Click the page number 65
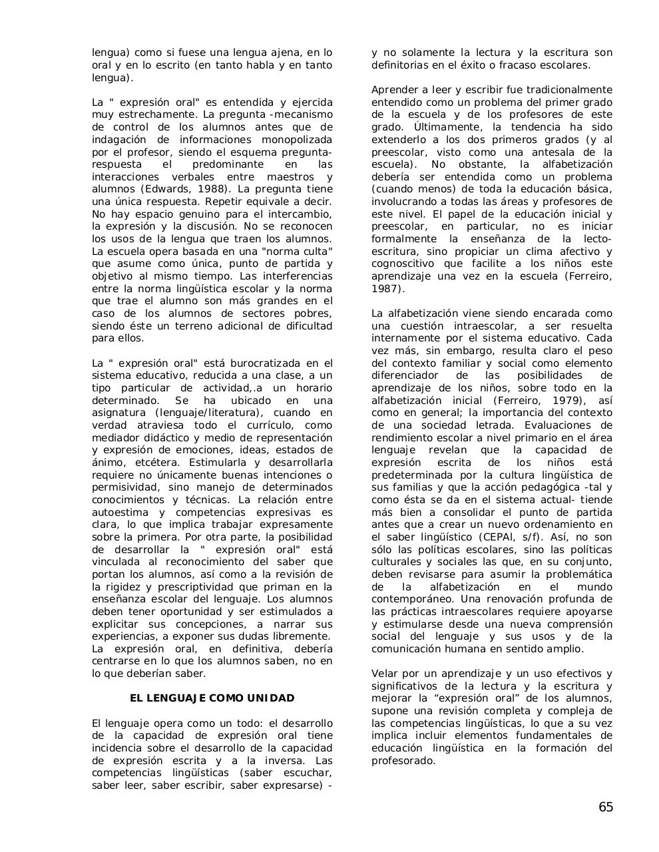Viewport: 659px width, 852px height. pyautogui.click(x=605, y=807)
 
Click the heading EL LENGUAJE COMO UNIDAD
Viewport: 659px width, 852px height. pyautogui.click(x=212, y=698)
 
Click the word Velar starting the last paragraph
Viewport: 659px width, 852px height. pyautogui.click(x=384, y=674)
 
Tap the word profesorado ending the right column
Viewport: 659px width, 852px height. pyautogui.click(x=403, y=761)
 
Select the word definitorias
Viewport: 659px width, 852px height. pyautogui.click(x=400, y=65)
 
